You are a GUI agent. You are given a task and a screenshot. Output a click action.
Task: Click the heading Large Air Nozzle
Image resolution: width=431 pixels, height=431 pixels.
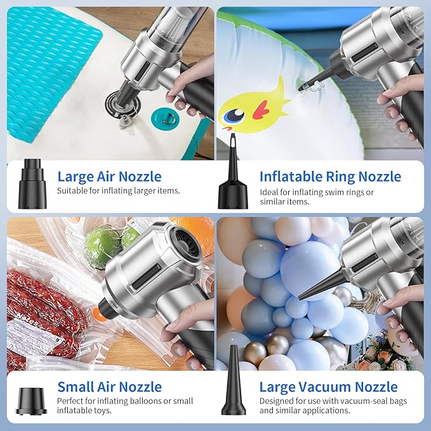coord(109,176)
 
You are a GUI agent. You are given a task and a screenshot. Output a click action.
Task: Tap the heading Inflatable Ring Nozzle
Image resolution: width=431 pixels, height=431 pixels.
coord(330,176)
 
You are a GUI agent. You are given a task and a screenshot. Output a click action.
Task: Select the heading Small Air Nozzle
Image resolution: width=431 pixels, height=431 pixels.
coord(109,387)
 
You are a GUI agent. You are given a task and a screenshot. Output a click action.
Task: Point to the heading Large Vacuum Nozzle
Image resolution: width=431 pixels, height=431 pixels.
coord(328,387)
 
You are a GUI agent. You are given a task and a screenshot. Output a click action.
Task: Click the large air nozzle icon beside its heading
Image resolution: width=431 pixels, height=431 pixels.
coord(32,183)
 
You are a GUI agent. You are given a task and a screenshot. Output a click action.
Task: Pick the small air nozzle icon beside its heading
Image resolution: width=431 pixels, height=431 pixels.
coord(31,402)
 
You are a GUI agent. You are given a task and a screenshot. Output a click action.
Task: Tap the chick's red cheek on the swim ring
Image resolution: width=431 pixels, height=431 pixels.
coord(261,110)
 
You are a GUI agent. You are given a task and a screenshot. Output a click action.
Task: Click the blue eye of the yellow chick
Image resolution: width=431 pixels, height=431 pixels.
coord(234,116)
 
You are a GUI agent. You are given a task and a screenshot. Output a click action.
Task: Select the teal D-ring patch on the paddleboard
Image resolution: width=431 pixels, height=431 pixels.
coord(165,119)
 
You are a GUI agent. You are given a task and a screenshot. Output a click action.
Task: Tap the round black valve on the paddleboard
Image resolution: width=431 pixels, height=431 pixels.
coord(123,105)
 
